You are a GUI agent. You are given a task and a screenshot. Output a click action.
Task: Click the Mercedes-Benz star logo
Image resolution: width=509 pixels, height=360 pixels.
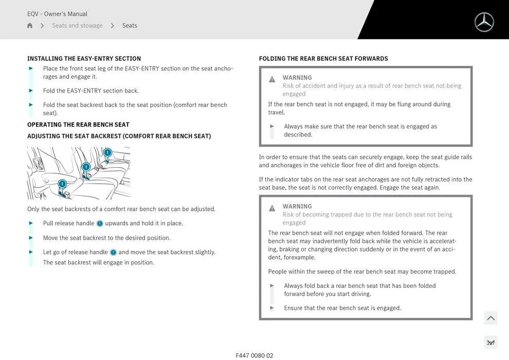click(484, 22)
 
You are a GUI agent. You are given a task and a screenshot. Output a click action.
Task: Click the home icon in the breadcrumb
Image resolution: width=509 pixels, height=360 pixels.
click(30, 26)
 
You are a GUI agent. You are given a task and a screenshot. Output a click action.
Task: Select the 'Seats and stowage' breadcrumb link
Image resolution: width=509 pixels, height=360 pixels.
click(77, 26)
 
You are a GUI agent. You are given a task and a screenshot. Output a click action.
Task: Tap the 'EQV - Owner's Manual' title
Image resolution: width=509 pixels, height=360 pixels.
click(57, 14)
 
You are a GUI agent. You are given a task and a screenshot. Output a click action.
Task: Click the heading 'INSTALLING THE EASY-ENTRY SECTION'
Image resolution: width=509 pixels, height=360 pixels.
click(84, 59)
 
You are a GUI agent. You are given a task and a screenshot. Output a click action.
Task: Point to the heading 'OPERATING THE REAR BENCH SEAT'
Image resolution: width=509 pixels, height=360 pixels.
click(78, 124)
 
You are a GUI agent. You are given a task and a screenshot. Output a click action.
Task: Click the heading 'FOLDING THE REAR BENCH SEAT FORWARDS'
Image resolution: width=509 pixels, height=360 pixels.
click(323, 59)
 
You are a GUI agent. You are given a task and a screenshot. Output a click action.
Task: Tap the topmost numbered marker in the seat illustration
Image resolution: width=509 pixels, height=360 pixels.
click(107, 152)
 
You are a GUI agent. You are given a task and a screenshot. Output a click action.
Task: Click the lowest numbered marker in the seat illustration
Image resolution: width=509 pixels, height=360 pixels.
click(62, 184)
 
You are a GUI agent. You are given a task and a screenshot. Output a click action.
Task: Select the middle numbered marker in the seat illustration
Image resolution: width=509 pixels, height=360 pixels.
click(86, 167)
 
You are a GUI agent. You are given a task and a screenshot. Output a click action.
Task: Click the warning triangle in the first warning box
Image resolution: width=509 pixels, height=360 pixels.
click(272, 79)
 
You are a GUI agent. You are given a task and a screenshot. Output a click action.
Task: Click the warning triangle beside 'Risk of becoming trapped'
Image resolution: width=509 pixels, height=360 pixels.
click(272, 208)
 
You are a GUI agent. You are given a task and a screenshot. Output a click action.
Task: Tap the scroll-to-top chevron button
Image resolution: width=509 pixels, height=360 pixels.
click(490, 318)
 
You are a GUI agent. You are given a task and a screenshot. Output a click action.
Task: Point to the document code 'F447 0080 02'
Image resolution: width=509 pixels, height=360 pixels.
click(254, 355)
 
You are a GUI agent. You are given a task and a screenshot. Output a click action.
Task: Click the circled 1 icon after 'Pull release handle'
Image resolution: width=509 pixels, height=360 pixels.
click(100, 224)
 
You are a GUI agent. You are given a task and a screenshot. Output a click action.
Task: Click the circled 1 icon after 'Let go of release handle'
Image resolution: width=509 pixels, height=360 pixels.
click(113, 253)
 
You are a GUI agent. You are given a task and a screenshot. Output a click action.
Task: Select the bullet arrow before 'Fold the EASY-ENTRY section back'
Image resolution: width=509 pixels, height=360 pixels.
click(31, 91)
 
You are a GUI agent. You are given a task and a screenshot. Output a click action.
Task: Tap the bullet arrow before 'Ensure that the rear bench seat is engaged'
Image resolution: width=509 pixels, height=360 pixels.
click(272, 308)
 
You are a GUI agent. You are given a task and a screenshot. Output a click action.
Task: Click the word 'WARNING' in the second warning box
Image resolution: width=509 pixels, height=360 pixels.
click(297, 207)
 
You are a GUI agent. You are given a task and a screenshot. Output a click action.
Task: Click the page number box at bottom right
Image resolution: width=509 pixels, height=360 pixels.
click(490, 343)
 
